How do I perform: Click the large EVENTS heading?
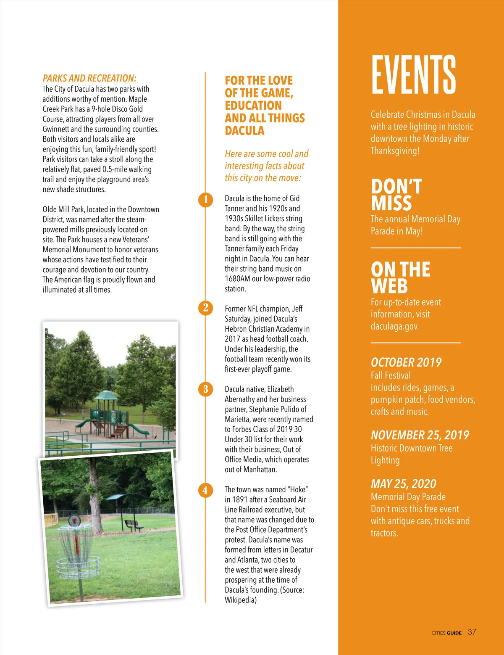pyautogui.click(x=413, y=74)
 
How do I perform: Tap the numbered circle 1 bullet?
pyautogui.click(x=205, y=199)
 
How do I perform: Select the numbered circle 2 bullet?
pyautogui.click(x=205, y=308)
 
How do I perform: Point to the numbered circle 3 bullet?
pyautogui.click(x=205, y=389)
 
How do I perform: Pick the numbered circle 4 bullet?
pyautogui.click(x=205, y=490)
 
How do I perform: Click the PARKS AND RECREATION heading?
pyautogui.click(x=89, y=78)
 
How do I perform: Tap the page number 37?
pyautogui.click(x=472, y=632)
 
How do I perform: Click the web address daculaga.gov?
pyautogui.click(x=395, y=326)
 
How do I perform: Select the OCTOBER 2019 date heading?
pyautogui.click(x=406, y=362)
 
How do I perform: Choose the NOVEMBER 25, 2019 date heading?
pyautogui.click(x=420, y=435)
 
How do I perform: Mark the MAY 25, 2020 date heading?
pyautogui.click(x=403, y=483)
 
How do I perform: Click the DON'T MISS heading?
pyautogui.click(x=396, y=195)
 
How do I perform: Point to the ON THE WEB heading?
pyautogui.click(x=400, y=277)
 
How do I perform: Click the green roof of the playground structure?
pyautogui.click(x=106, y=396)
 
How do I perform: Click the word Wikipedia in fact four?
pyautogui.click(x=240, y=600)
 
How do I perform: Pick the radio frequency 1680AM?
pyautogui.click(x=237, y=279)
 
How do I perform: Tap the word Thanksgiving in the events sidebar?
pyautogui.click(x=395, y=151)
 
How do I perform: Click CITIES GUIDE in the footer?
pyautogui.click(x=446, y=633)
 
